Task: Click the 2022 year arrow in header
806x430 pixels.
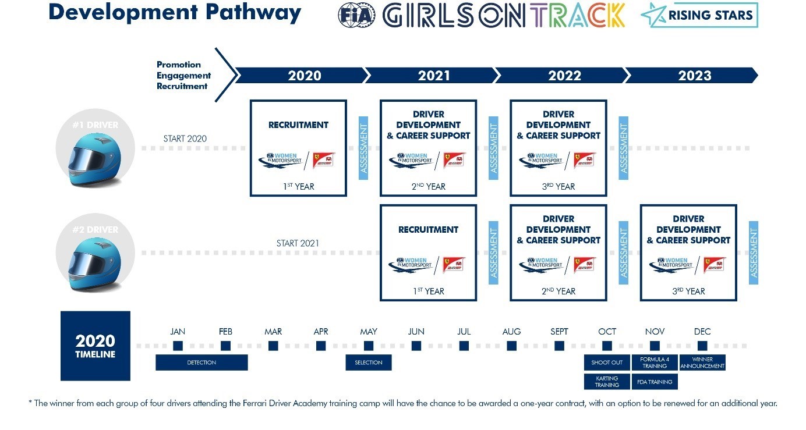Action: click(564, 76)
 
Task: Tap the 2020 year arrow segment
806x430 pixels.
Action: click(305, 76)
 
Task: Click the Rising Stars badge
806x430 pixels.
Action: click(699, 15)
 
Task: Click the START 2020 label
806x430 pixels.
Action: click(185, 138)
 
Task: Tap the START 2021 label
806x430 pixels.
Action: click(298, 243)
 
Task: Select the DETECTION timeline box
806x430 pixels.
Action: click(201, 363)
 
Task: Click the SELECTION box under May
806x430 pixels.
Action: click(369, 363)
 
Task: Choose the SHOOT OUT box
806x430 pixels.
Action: click(607, 363)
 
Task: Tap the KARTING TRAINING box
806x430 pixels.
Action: click(607, 382)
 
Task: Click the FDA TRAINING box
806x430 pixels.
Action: click(655, 382)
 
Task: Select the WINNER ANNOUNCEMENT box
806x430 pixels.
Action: click(702, 363)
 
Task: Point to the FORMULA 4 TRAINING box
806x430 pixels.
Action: click(655, 363)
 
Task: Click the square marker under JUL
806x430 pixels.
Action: click(464, 346)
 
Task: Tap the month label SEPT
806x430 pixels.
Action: click(559, 332)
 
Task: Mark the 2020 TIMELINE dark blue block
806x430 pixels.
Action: click(96, 346)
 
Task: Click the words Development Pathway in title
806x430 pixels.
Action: click(175, 13)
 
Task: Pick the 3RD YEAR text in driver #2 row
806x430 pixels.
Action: click(688, 292)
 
